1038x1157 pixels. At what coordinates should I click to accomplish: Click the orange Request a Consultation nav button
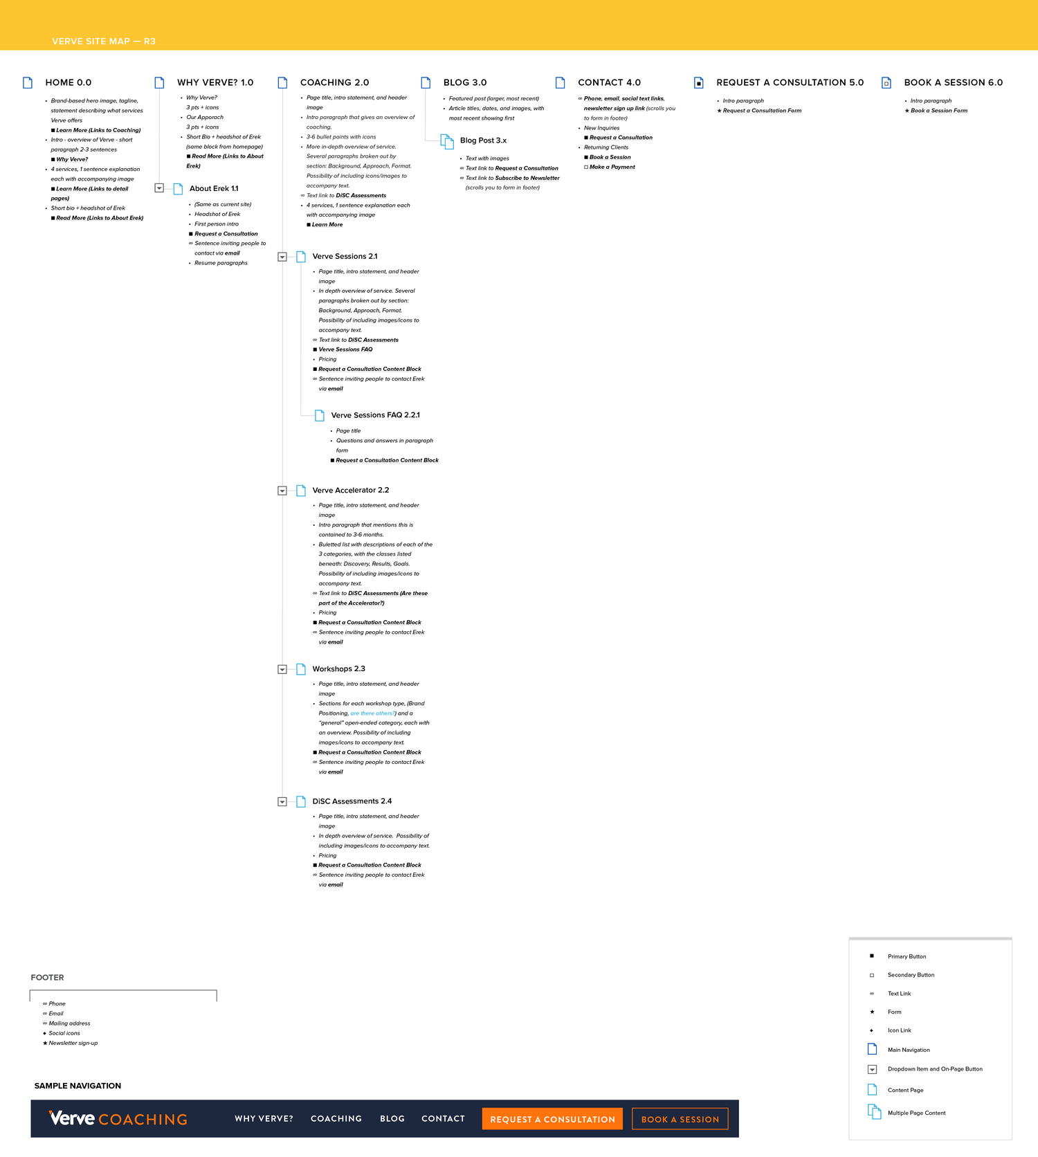[552, 1119]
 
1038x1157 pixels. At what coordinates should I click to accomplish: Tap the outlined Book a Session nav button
[680, 1119]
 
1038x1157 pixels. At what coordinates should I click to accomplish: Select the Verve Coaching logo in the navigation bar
[118, 1118]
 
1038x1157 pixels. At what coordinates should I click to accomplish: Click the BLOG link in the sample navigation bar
[392, 1118]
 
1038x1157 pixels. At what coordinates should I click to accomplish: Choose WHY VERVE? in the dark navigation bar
[264, 1118]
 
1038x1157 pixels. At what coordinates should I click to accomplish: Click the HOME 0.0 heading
[68, 82]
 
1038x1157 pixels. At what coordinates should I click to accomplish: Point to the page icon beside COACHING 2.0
[282, 82]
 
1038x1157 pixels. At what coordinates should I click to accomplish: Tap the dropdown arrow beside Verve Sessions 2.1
[282, 257]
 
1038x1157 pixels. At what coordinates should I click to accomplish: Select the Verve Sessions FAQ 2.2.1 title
[375, 415]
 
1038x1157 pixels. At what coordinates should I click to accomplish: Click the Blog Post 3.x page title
[483, 140]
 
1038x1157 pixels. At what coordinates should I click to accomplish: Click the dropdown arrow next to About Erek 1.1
[159, 188]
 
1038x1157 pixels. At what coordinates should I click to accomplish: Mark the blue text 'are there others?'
[373, 713]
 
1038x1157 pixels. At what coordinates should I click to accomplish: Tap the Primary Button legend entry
[907, 956]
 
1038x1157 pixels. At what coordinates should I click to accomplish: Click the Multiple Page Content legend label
[916, 1113]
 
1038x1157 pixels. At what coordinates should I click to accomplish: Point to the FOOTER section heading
[47, 978]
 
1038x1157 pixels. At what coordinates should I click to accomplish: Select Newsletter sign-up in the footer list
[73, 1043]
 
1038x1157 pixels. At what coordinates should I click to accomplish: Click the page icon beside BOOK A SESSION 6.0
[886, 83]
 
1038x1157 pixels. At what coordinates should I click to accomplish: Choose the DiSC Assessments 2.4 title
[352, 801]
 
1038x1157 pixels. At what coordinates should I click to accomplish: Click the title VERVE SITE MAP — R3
[104, 42]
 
